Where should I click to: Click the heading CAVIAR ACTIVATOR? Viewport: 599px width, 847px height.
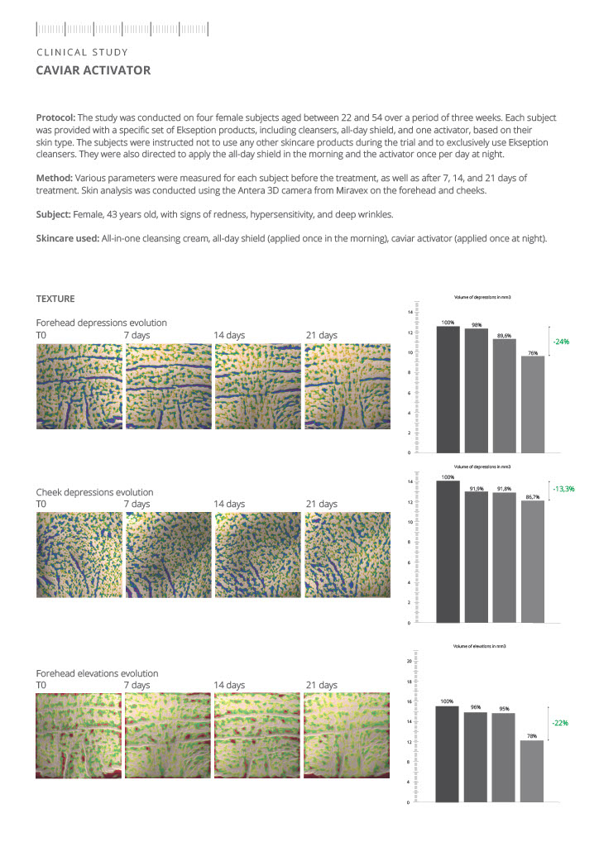(x=93, y=70)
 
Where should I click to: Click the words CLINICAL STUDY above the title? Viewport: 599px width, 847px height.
(x=82, y=52)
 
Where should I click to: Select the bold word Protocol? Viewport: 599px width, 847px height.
(x=55, y=117)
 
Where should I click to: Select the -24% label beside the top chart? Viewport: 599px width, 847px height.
(x=563, y=342)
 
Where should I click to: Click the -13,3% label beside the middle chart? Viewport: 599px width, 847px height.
(x=563, y=489)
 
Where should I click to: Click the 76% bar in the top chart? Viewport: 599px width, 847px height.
(x=533, y=404)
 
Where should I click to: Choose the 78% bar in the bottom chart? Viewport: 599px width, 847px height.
(x=532, y=770)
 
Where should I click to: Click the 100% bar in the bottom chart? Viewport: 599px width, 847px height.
(x=448, y=753)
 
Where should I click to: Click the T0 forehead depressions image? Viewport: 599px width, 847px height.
(x=77, y=386)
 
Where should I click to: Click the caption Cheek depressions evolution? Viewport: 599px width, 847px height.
(x=94, y=492)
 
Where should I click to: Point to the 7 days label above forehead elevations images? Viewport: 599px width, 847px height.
(x=137, y=685)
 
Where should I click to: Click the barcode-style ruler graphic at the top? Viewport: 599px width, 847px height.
(x=122, y=30)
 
